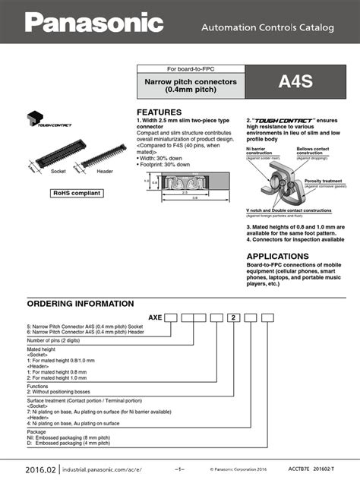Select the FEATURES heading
(x=159, y=111)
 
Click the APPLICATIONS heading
(x=279, y=256)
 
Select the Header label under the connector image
(x=105, y=172)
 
